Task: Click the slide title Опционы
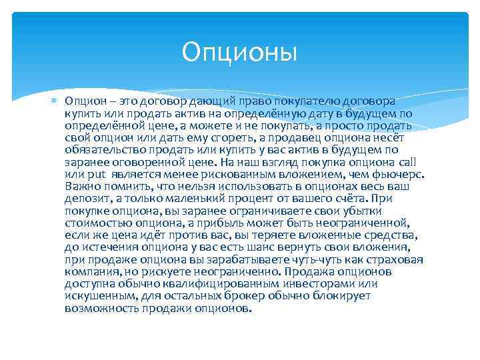(x=239, y=51)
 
